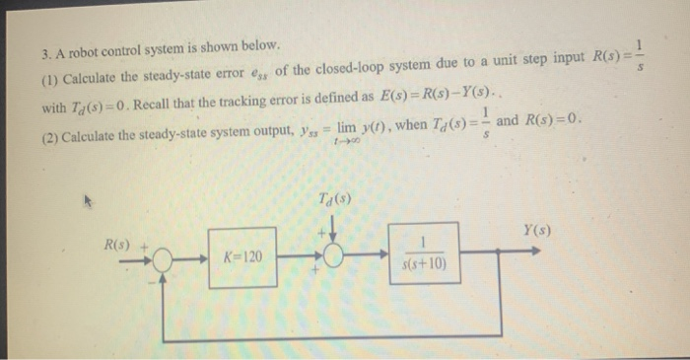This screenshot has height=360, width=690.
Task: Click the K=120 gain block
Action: [241, 256]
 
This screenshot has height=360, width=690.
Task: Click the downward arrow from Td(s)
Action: [335, 231]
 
